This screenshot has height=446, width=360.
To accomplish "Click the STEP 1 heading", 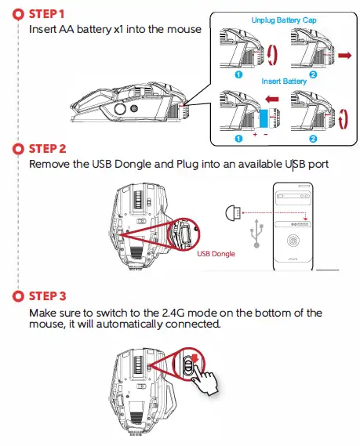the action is tap(46, 14).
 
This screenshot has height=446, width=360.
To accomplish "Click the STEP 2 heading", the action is tap(47, 149).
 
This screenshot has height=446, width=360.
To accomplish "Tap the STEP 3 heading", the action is tap(47, 296).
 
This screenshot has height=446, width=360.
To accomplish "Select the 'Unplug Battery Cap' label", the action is tap(284, 20).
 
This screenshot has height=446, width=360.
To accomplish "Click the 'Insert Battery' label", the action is tap(284, 82).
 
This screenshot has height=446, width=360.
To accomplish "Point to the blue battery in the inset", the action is tap(264, 118).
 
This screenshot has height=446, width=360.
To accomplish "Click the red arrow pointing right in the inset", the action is tap(344, 55).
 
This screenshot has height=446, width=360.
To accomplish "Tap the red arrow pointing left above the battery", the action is tap(272, 100).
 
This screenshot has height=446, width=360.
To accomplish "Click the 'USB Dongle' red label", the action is tap(216, 254).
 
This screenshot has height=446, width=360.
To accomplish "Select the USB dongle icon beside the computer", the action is tap(233, 212).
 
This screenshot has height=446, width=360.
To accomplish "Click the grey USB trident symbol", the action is tap(256, 234).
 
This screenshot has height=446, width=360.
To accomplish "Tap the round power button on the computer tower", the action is tap(293, 241).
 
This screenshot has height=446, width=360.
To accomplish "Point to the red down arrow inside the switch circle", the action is tap(195, 358).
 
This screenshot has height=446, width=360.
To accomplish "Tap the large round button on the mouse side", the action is tap(120, 108).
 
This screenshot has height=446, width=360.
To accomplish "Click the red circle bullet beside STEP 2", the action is tap(19, 149).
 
